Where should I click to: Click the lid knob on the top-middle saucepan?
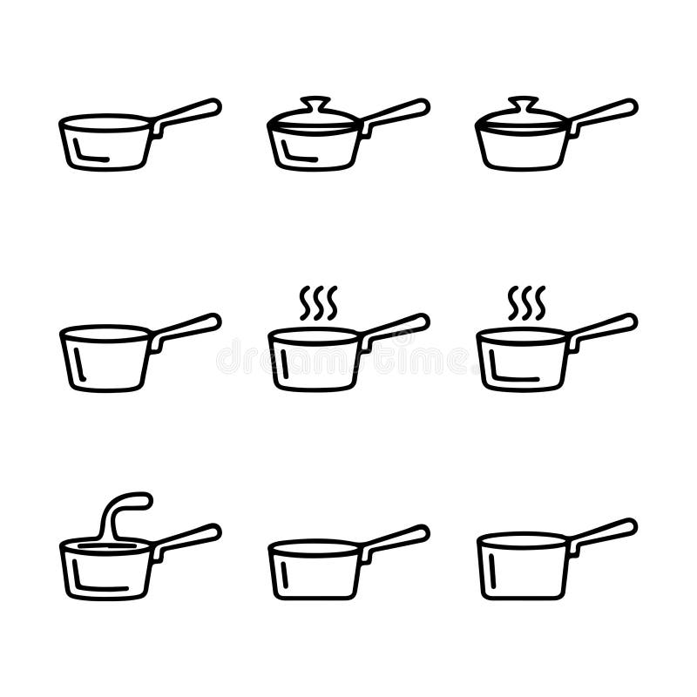pyautogui.click(x=315, y=101)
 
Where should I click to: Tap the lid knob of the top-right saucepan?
pyautogui.click(x=523, y=101)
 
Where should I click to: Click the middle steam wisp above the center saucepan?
pyautogui.click(x=318, y=302)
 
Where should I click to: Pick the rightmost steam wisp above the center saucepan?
pyautogui.click(x=332, y=302)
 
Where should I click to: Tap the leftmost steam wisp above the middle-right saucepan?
pyautogui.click(x=513, y=302)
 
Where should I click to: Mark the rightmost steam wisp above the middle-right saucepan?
pyautogui.click(x=540, y=302)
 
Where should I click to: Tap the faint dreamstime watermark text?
pyautogui.click(x=348, y=357)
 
